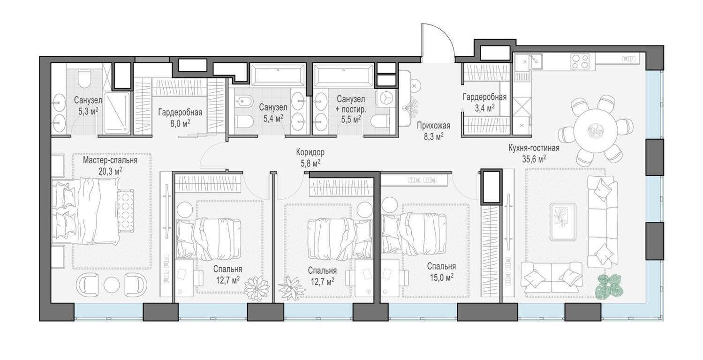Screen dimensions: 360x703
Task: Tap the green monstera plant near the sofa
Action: [610, 286]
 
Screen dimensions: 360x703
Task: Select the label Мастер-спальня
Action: [110, 160]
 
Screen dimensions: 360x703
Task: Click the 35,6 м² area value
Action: [534, 159]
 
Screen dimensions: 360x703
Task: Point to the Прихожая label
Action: [433, 125]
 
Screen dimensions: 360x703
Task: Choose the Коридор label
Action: [310, 152]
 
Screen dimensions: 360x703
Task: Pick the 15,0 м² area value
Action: [441, 277]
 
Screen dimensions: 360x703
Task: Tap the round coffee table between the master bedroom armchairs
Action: [112, 285]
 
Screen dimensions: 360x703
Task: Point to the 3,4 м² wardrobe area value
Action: [484, 108]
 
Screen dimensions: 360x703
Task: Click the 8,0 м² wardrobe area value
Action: [180, 123]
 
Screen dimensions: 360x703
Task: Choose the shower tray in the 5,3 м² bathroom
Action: [116, 112]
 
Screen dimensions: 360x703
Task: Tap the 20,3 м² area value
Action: [110, 171]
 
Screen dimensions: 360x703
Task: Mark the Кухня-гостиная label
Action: [534, 148]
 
